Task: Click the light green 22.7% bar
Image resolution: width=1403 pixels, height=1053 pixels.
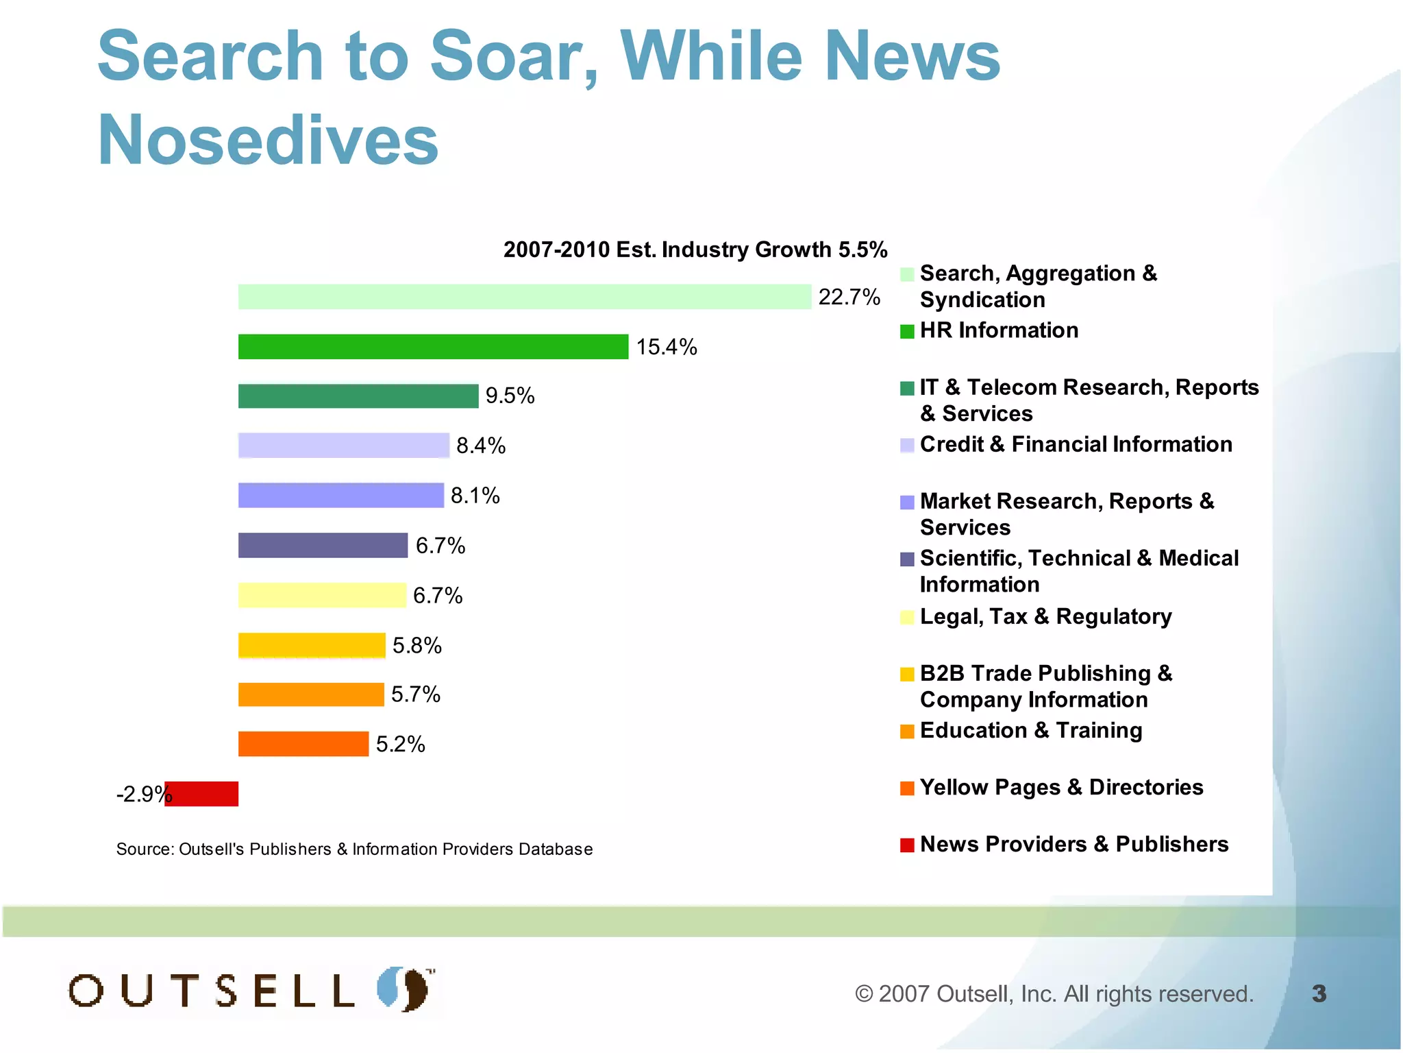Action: coord(524,297)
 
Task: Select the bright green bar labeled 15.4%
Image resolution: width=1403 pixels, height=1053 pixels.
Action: coord(433,347)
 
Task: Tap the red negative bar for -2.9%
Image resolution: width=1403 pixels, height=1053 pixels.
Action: coord(202,794)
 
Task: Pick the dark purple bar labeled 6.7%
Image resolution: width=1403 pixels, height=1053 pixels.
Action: coord(323,546)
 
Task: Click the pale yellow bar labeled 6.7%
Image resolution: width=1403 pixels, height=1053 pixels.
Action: coord(322,595)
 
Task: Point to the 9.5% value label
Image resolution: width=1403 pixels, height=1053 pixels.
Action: coord(510,396)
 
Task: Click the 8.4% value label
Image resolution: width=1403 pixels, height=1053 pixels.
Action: coord(481,446)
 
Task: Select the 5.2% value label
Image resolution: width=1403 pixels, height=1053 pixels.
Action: coord(400,745)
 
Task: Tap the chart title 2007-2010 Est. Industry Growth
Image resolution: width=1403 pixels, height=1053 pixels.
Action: coord(695,250)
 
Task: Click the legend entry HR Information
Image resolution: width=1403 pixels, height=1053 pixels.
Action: coord(999,330)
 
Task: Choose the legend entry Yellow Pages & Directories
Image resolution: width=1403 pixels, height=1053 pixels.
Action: coord(1060,787)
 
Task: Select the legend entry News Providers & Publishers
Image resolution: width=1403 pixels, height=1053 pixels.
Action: coord(1073,844)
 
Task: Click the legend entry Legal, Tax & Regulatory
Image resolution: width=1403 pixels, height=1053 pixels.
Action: coord(1045,616)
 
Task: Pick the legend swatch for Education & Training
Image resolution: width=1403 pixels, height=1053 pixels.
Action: coord(907,731)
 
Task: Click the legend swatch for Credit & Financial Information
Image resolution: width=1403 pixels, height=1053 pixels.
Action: coord(907,446)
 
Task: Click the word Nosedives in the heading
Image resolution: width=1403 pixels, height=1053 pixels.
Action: coord(268,140)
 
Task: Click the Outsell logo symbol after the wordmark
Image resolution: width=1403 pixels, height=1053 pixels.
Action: coord(404,989)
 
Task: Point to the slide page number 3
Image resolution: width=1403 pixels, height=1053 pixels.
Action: coord(1319,993)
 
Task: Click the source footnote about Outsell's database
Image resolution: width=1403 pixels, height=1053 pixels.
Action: coord(354,849)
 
